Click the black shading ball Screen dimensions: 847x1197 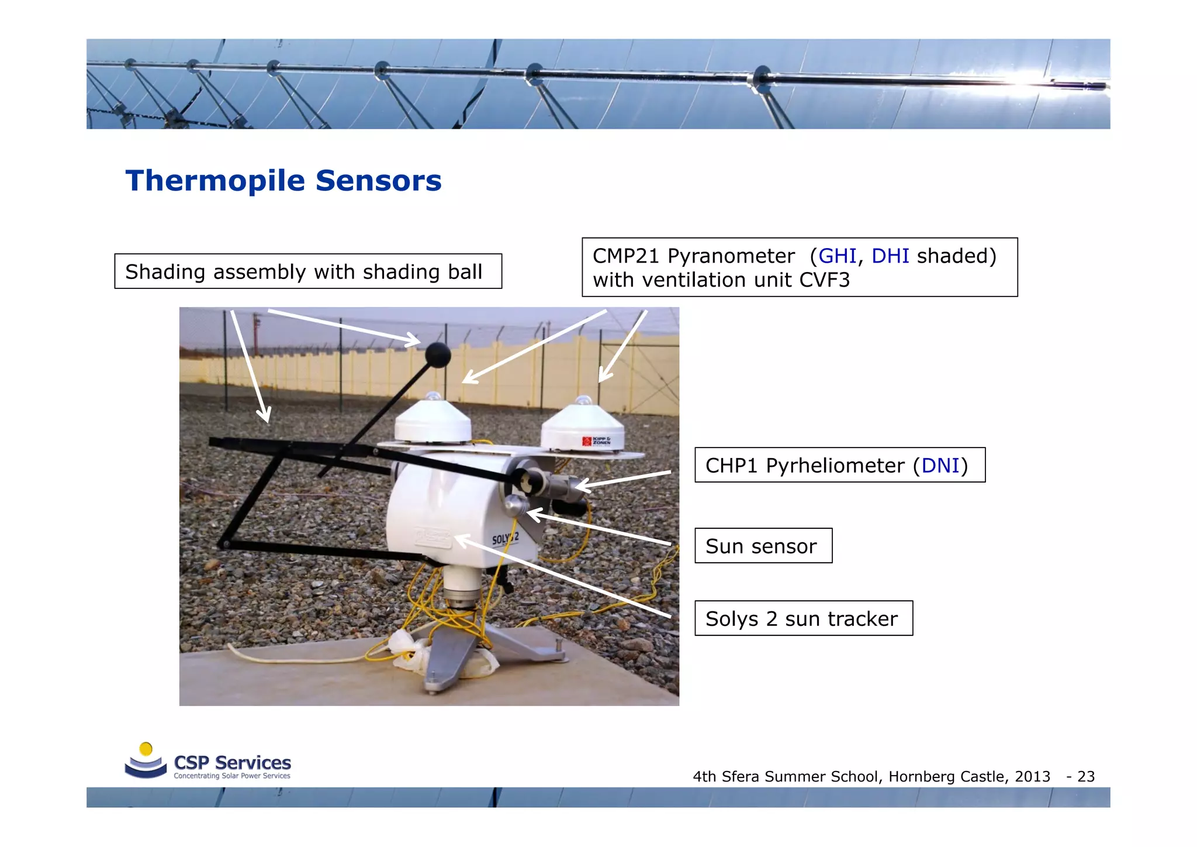pos(437,354)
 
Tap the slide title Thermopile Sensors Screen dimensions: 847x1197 pos(283,180)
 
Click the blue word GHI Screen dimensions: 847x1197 pos(837,256)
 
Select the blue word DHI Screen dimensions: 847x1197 pos(890,256)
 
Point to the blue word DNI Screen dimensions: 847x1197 pos(940,466)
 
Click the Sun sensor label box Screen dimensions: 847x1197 pos(763,546)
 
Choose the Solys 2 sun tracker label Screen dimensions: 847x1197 pos(803,618)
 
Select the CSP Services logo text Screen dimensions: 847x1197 pos(232,763)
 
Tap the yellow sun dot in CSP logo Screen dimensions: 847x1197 pos(146,749)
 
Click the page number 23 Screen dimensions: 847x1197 pos(1085,777)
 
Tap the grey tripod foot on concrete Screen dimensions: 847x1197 pos(444,667)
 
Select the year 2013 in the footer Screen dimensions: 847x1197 pos(1032,777)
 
